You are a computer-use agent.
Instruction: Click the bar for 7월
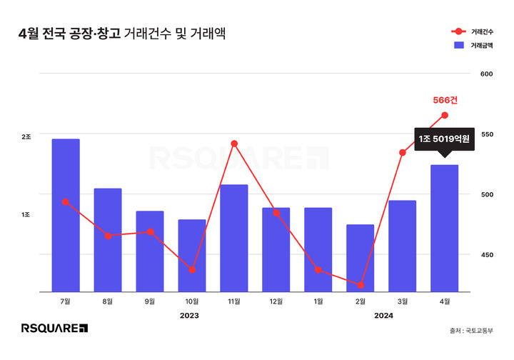click(x=66, y=215)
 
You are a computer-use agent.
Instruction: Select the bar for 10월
click(x=192, y=255)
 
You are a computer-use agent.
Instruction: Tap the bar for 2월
click(x=361, y=258)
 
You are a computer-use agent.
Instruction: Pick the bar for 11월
click(x=234, y=238)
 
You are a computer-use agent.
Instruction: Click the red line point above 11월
click(x=234, y=144)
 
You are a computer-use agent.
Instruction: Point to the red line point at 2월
click(x=361, y=285)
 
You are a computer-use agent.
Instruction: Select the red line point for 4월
click(x=445, y=115)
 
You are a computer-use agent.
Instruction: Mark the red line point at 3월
click(x=403, y=153)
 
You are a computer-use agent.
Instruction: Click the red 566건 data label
click(x=445, y=100)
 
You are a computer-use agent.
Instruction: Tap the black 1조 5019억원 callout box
click(x=444, y=139)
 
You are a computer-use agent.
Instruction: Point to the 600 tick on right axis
click(x=488, y=74)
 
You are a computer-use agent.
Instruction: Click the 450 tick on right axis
click(x=488, y=254)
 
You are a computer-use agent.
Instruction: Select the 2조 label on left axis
click(x=26, y=136)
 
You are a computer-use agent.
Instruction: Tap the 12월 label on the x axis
click(x=276, y=301)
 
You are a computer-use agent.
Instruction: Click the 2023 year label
click(x=189, y=315)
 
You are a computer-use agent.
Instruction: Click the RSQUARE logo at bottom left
click(x=54, y=329)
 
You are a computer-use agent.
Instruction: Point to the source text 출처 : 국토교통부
click(x=473, y=330)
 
